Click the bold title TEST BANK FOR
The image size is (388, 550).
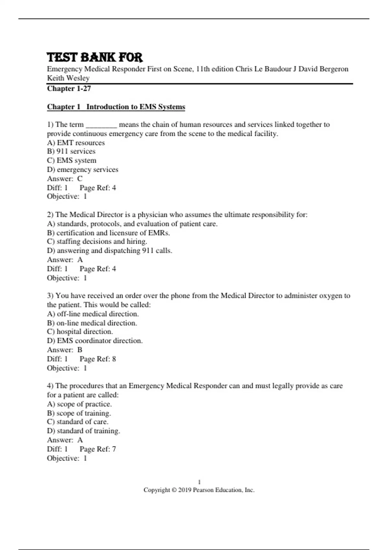point(94,57)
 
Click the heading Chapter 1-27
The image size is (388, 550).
point(69,89)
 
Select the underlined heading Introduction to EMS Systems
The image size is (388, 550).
point(135,107)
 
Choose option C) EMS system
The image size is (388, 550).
point(71,160)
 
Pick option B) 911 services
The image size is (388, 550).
point(71,151)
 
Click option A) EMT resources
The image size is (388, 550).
point(76,143)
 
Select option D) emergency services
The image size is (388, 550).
point(82,170)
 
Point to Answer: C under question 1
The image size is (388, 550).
point(65,179)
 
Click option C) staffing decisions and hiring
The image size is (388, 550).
point(97,242)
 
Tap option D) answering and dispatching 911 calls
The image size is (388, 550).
point(110,251)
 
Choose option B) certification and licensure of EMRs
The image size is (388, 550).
point(108,233)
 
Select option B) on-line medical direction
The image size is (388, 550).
point(92,323)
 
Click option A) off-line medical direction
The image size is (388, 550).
point(93,314)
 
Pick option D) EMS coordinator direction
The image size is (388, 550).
point(95,341)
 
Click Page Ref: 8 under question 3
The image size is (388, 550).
point(98,359)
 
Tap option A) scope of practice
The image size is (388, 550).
point(79,404)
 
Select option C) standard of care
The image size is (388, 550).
point(78,422)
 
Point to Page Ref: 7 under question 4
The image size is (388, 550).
point(98,449)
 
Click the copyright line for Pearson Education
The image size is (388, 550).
point(199,490)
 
